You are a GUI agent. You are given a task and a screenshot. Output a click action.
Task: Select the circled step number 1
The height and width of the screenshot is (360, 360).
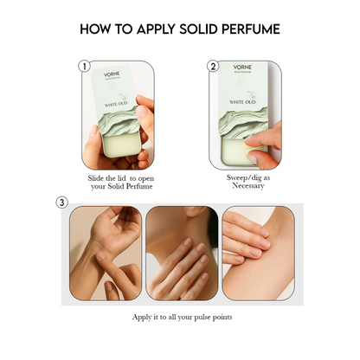(84, 66)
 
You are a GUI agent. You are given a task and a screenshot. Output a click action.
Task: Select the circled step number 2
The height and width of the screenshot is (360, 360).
(213, 66)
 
